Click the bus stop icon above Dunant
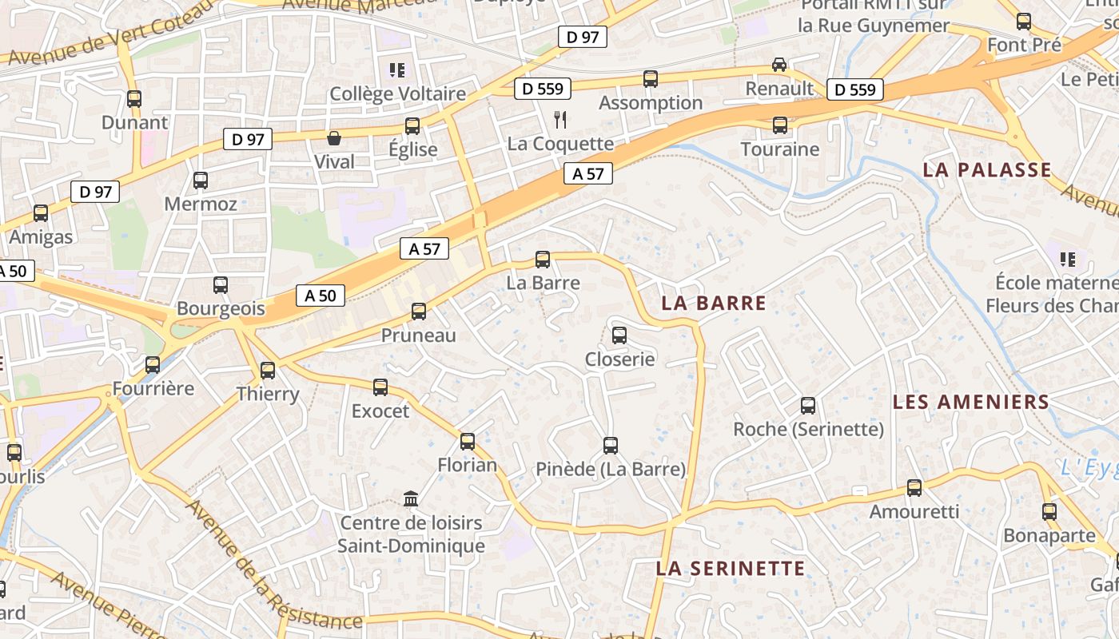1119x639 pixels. pos(134,99)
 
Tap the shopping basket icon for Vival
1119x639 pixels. pos(334,139)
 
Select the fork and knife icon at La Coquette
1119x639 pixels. pos(560,120)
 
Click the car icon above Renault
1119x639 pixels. pos(779,65)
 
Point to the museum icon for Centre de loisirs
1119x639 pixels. pos(411,499)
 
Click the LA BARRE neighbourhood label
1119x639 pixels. pos(714,304)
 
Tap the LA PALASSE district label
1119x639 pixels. pos(987,169)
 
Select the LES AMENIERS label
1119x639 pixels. pos(970,402)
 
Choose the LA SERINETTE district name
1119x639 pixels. pos(731,568)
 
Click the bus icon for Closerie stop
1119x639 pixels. pos(619,335)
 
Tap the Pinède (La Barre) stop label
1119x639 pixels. pos(611,470)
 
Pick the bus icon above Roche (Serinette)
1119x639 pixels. pos(808,406)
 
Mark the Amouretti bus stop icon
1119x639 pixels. pos(914,487)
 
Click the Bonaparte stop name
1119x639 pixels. pos(1049,535)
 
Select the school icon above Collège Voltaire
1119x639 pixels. pos(397,70)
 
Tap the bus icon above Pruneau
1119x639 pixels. pos(419,312)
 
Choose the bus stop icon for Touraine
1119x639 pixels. pos(780,125)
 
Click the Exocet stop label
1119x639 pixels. pos(380,411)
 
